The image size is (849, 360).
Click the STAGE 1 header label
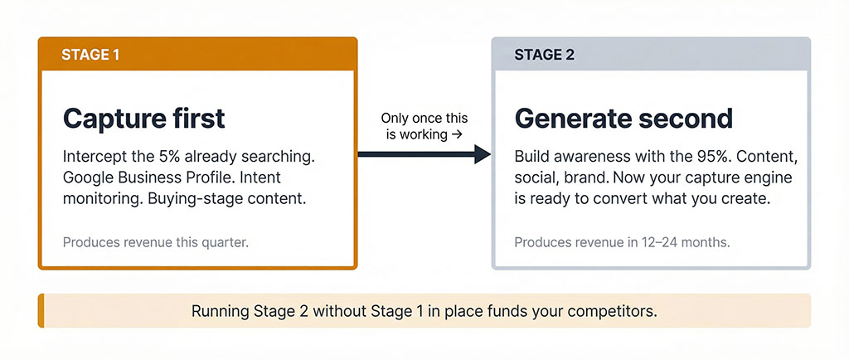90,55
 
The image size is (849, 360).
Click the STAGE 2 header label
544,55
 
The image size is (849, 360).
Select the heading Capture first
143,118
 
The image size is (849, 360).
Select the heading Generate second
623,118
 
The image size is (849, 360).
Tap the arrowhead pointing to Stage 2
483,153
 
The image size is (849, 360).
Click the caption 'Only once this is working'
424,126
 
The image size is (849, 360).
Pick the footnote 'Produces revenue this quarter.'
155,243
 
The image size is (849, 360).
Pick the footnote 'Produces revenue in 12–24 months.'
622,243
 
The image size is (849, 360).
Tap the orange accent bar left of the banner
41,311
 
